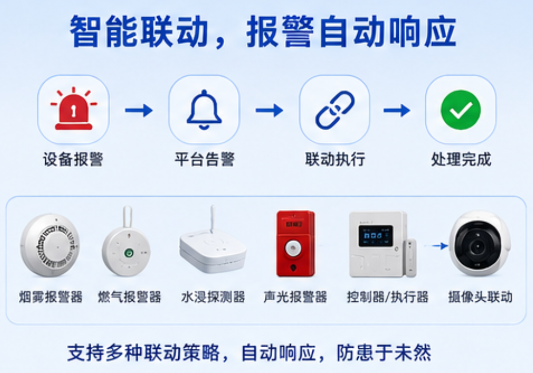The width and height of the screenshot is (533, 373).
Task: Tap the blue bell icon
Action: point(204,110)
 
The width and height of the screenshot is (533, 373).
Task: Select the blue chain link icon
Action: point(335,110)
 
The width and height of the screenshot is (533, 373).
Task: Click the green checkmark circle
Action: point(461,110)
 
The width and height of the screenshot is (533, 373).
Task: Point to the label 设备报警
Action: point(73,160)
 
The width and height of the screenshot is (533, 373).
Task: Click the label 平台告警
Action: point(205,160)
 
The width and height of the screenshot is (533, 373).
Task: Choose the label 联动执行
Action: point(335,160)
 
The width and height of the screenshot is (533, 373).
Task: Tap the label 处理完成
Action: point(461,160)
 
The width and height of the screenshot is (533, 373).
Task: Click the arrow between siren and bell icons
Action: point(139,110)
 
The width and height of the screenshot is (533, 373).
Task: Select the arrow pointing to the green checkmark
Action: point(397,110)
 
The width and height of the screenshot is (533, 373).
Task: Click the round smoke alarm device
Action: point(50,244)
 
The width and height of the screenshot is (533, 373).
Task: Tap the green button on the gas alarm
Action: point(129,252)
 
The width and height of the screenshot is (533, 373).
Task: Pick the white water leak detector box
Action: point(213,250)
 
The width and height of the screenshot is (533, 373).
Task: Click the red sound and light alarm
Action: point(296,243)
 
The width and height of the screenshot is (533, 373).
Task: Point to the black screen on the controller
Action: point(375,236)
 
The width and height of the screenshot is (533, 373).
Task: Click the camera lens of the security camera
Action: point(478,246)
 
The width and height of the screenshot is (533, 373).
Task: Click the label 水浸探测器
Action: point(213,297)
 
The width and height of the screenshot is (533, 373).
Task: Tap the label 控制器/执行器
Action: point(387,297)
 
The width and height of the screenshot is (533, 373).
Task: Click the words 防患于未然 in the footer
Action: point(384,352)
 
